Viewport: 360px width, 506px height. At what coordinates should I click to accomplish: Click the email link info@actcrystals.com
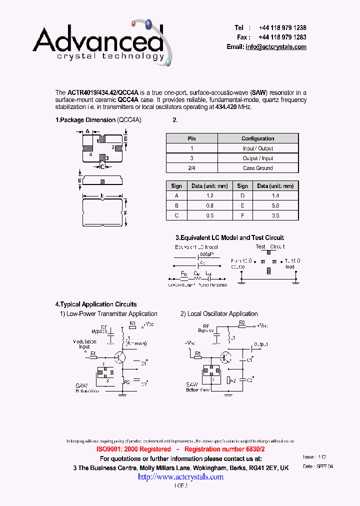point(275,46)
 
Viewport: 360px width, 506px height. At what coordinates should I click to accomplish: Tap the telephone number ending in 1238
point(282,28)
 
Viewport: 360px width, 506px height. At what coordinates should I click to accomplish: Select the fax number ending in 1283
point(282,37)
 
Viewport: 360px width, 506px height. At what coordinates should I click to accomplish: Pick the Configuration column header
point(257,138)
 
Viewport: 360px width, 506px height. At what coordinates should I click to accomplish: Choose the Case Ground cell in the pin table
point(257,168)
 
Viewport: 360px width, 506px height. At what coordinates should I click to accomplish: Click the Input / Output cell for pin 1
point(257,148)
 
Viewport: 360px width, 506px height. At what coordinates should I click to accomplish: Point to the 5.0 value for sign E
point(275,205)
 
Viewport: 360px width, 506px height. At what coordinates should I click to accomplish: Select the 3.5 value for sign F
point(275,215)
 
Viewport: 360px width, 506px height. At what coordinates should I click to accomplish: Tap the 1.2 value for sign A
point(209,196)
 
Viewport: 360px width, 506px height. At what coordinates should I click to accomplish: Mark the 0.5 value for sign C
point(209,215)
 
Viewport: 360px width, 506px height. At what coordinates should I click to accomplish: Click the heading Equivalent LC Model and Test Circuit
point(229,237)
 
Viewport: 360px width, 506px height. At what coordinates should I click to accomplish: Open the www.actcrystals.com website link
point(180,477)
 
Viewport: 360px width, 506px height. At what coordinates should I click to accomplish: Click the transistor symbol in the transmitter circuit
point(120,357)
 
